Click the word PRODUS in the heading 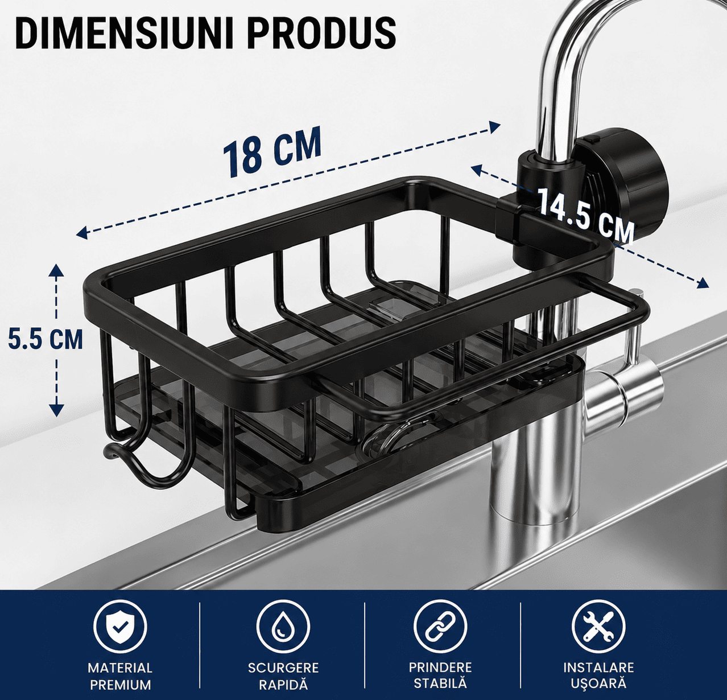pyautogui.click(x=321, y=34)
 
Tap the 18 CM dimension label pyautogui.click(x=272, y=152)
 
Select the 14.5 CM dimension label pyautogui.click(x=585, y=216)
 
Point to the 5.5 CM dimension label pyautogui.click(x=45, y=339)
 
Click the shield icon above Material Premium pyautogui.click(x=120, y=627)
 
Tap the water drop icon pyautogui.click(x=283, y=627)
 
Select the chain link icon pyautogui.click(x=440, y=627)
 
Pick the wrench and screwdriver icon pyautogui.click(x=598, y=627)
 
